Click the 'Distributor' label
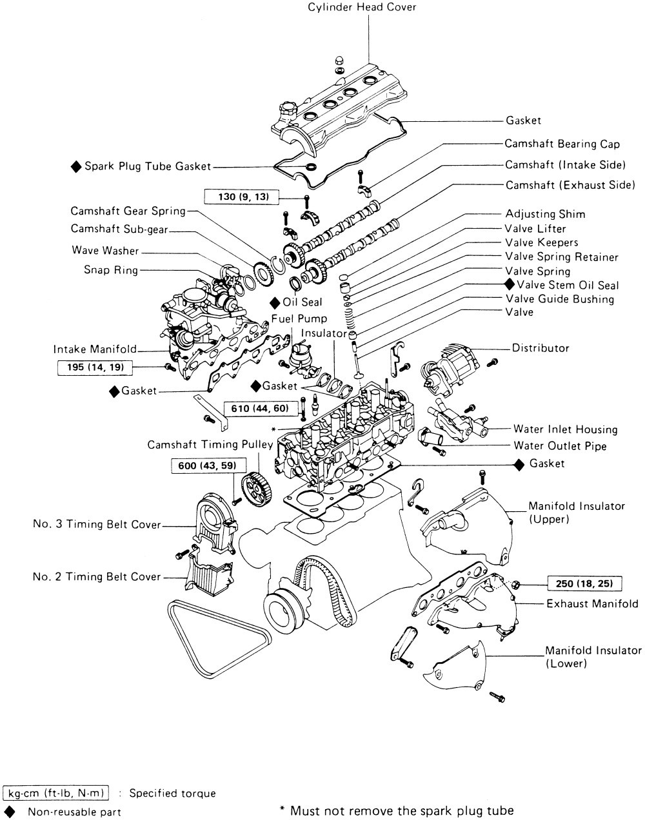pyautogui.click(x=541, y=348)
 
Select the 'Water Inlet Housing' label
pyautogui.click(x=565, y=429)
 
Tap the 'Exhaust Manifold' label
pyautogui.click(x=592, y=604)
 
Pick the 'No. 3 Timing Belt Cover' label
pyautogui.click(x=97, y=525)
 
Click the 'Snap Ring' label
pyautogui.click(x=111, y=270)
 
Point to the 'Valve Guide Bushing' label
pyautogui.click(x=559, y=299)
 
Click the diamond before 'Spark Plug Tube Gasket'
pyautogui.click(x=76, y=166)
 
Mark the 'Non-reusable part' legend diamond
pyautogui.click(x=10, y=811)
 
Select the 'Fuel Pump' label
pyautogui.click(x=299, y=318)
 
